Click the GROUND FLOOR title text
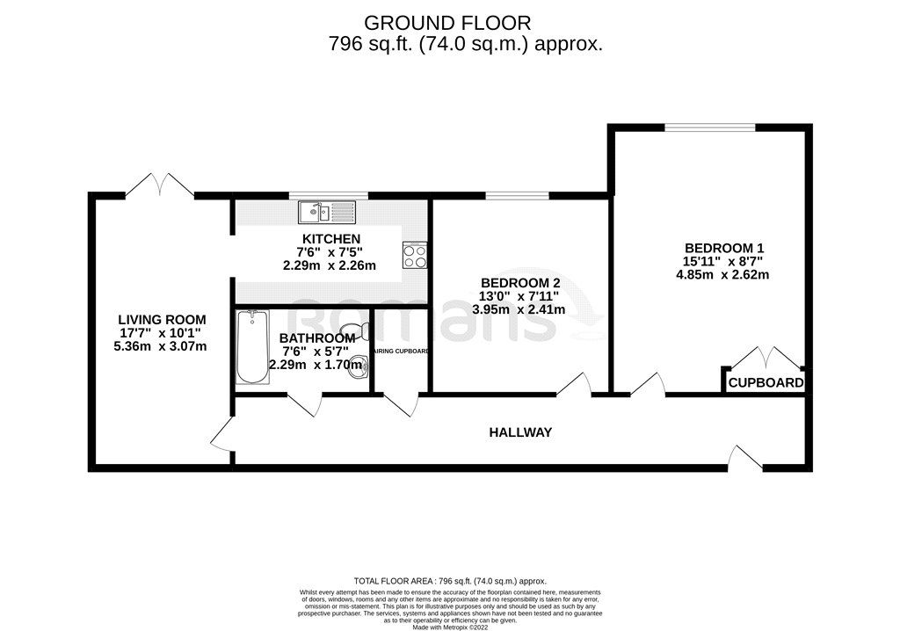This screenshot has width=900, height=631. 447,22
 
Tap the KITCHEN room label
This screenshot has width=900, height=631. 330,239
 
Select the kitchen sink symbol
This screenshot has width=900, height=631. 325,212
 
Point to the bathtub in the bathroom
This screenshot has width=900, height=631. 253,347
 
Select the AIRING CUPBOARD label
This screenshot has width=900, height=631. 400,352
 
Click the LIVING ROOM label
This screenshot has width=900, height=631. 163,319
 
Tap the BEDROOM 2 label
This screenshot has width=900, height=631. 520,282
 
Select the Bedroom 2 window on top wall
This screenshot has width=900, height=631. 518,195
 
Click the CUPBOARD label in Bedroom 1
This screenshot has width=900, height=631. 766,383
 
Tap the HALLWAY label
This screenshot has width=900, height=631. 521,432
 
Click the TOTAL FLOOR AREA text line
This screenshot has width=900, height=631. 449,581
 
